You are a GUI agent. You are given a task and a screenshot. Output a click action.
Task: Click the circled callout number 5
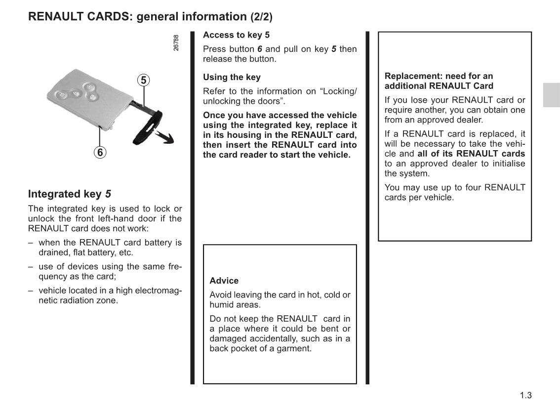point(143,80)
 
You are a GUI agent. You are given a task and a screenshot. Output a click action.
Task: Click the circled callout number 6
point(100,152)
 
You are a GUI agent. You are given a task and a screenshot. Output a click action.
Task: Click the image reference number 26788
point(176,42)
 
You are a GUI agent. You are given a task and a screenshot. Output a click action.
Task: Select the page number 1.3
point(525,395)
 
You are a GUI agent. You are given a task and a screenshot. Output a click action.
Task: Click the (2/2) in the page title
point(261,17)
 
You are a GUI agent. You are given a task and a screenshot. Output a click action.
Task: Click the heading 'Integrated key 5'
point(70,194)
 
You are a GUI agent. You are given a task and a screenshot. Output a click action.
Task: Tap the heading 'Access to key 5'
point(236,35)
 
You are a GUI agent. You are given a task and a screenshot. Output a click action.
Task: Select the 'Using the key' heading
point(232,77)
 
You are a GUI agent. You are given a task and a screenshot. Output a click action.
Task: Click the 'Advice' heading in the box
point(224,281)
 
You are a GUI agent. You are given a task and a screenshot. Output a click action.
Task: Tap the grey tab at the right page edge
point(551,94)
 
